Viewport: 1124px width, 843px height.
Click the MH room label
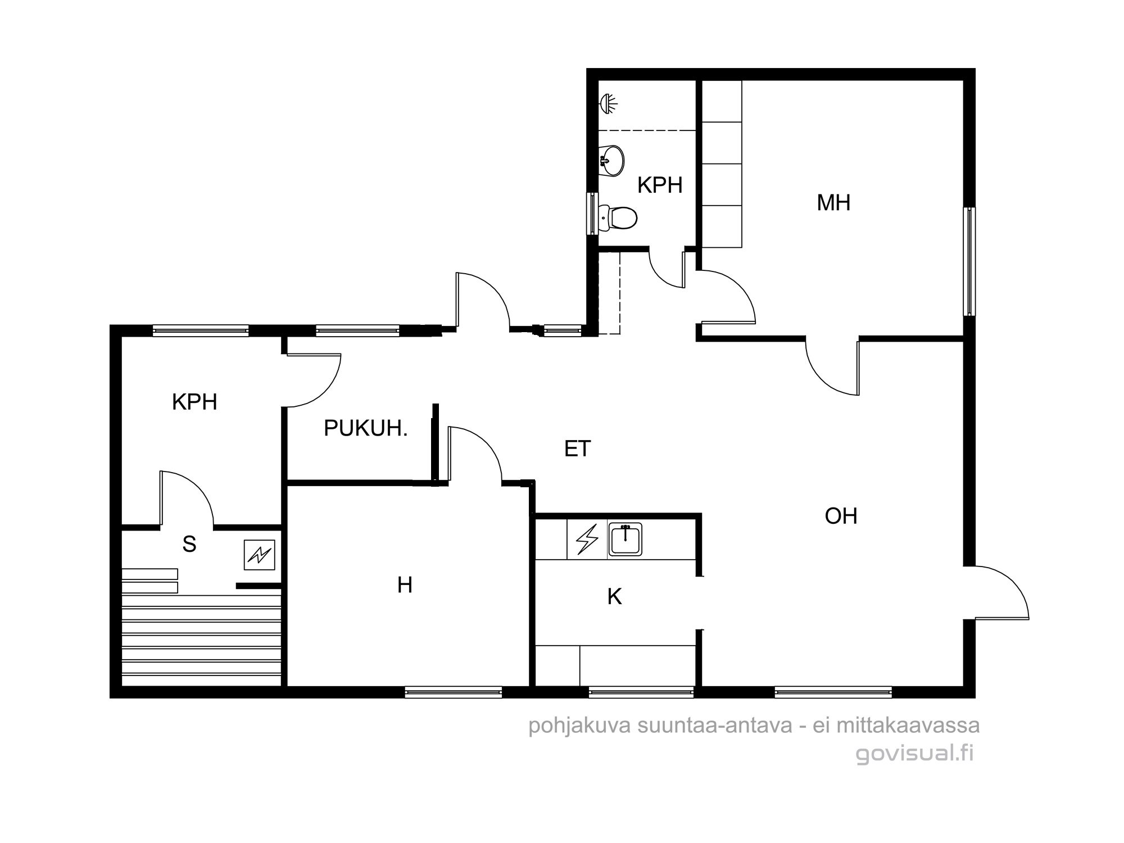pyautogui.click(x=833, y=203)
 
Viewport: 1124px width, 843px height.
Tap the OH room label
pyautogui.click(x=841, y=516)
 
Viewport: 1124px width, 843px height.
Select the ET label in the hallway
pyautogui.click(x=578, y=448)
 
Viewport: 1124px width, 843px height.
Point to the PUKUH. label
pyautogui.click(x=366, y=429)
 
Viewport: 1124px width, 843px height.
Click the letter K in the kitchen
pyautogui.click(x=614, y=597)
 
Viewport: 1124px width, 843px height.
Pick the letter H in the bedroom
pyautogui.click(x=405, y=585)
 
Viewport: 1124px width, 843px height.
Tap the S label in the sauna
pyautogui.click(x=189, y=544)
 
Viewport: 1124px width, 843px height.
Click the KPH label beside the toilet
pyautogui.click(x=660, y=185)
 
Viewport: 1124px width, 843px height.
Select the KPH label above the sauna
pyautogui.click(x=194, y=402)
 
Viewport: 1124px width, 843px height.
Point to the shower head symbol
pyautogui.click(x=608, y=103)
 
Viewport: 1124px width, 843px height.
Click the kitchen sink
pyautogui.click(x=625, y=540)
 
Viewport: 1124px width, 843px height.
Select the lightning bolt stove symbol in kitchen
pyautogui.click(x=587, y=540)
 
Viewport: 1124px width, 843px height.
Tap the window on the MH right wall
pyautogui.click(x=969, y=261)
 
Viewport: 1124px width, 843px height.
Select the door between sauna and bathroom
pyautogui.click(x=187, y=499)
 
